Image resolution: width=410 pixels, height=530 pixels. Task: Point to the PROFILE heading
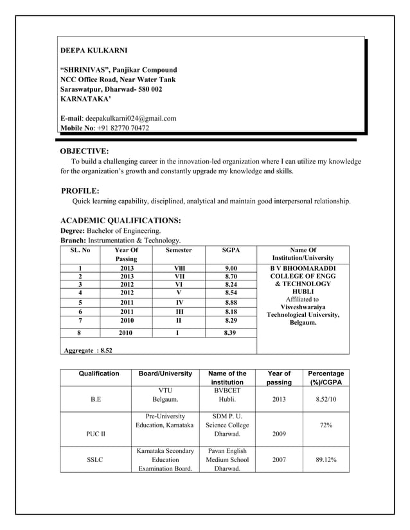pyautogui.click(x=80, y=191)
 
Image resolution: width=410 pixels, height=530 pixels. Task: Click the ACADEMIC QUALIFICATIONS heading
pyautogui.click(x=120, y=220)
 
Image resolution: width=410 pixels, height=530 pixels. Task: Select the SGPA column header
pyautogui.click(x=231, y=250)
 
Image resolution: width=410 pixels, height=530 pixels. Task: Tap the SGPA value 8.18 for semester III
pyautogui.click(x=231, y=311)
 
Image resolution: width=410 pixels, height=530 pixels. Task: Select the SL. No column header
pyautogui.click(x=80, y=250)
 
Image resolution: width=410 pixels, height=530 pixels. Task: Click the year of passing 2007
pyautogui.click(x=279, y=460)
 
